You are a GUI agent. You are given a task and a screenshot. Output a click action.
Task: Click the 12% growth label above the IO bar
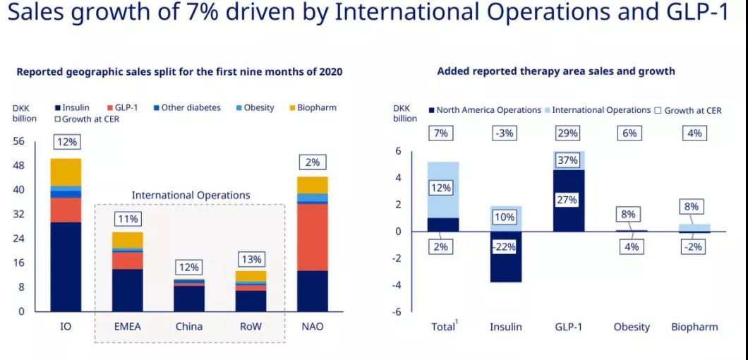pos(66,142)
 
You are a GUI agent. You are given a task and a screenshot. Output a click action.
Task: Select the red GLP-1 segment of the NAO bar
pos(313,237)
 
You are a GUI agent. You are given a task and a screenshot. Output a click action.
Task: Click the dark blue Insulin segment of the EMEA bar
pos(127,290)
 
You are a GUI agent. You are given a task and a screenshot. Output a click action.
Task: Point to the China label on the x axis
pos(188,326)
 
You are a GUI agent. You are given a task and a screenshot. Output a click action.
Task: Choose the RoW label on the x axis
pos(251,326)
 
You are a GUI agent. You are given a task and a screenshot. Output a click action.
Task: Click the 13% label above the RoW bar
pos(251,258)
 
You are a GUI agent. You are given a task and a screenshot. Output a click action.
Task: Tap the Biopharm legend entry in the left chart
pos(312,108)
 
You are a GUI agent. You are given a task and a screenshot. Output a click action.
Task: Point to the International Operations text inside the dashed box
pos(191,195)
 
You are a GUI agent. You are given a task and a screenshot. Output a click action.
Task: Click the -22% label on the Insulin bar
pos(505,247)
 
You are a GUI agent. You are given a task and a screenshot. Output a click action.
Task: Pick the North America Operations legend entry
pos(483,110)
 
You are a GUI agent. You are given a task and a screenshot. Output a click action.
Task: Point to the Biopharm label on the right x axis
pos(694,327)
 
